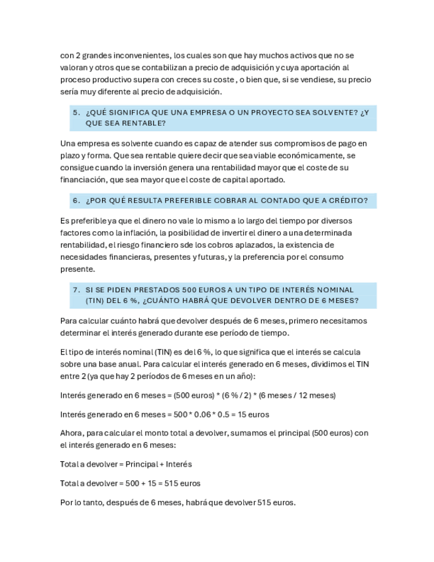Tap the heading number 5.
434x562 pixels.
[76, 113]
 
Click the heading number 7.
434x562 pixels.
[76, 290]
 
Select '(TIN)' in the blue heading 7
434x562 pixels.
[96, 301]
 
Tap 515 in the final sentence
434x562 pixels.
[263, 502]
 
